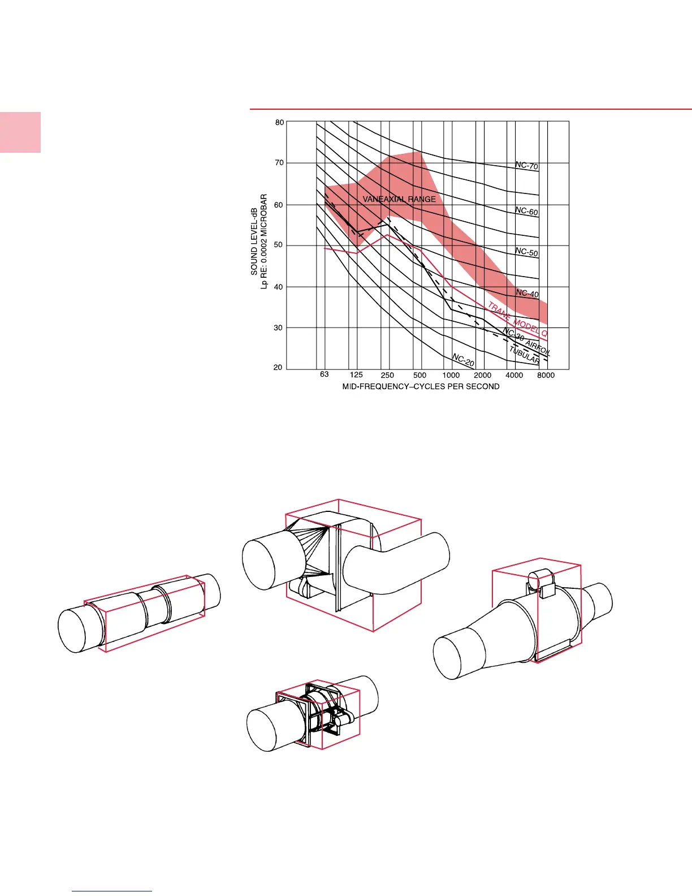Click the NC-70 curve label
(527, 165)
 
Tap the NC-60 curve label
(527, 211)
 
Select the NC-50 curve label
(527, 252)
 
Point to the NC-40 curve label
(527, 293)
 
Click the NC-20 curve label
(463, 360)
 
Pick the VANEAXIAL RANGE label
(399, 199)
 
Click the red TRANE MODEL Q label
(518, 319)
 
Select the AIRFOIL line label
(538, 348)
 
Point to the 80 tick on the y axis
(279, 122)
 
